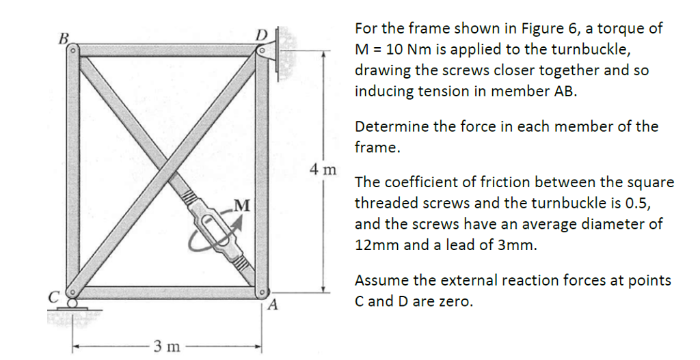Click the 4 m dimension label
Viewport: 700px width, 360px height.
pos(322,169)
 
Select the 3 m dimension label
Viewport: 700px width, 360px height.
pos(166,346)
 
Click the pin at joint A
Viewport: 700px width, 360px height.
pos(260,292)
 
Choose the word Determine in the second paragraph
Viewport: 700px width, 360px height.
pos(391,126)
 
